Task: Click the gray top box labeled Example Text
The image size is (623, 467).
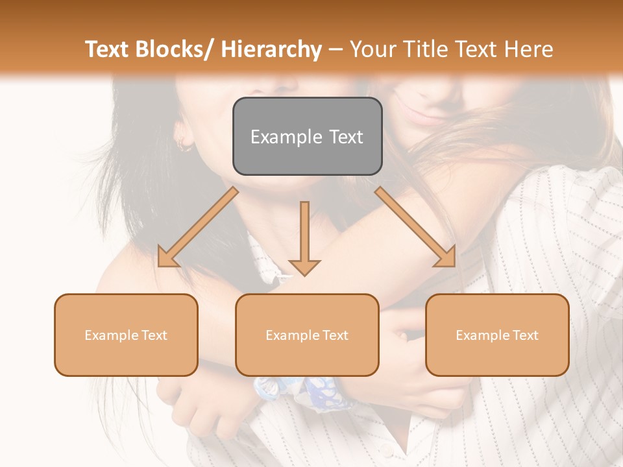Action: [x=307, y=136]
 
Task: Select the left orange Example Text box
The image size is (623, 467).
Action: [x=126, y=335]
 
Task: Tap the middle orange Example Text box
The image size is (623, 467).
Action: [x=307, y=335]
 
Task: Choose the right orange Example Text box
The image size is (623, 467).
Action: [x=497, y=335]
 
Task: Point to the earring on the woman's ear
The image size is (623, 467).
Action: [x=184, y=144]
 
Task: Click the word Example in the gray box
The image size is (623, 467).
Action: [x=286, y=137]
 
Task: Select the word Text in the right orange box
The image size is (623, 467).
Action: [x=524, y=335]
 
